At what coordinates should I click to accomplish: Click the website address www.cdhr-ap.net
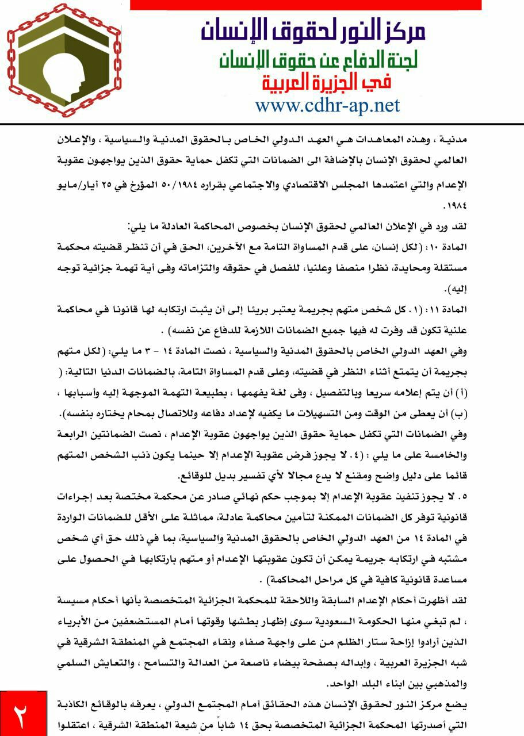coord(327,105)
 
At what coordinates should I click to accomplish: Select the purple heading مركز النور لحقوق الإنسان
coord(313,29)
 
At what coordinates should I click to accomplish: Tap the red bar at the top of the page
coord(305,5)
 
